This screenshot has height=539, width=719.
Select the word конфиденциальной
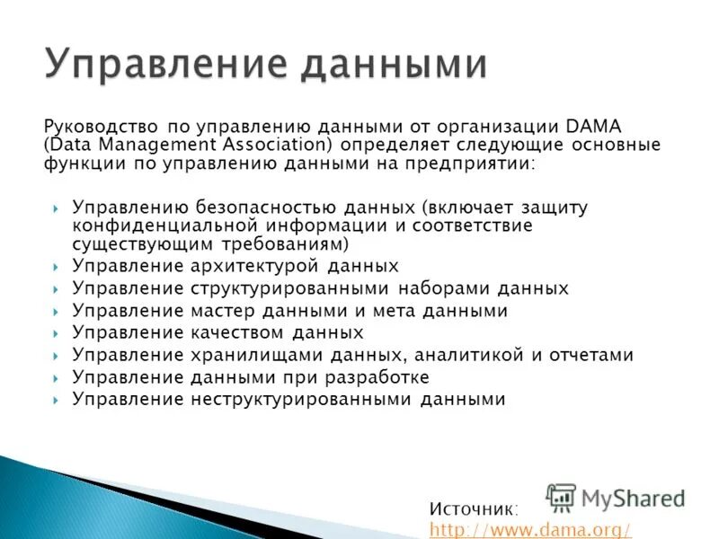tap(154, 225)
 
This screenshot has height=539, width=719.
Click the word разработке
tap(378, 377)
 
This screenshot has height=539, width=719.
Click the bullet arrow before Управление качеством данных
tap(55, 333)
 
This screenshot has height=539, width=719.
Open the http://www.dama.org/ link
tap(530, 529)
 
